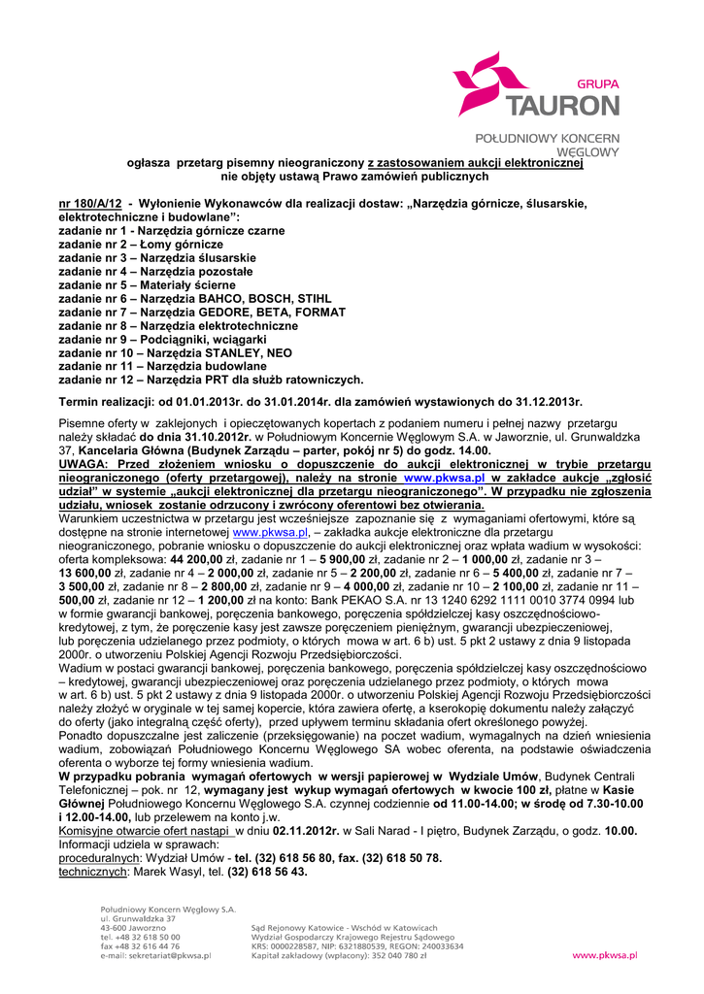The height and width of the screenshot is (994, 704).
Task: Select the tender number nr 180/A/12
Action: click(x=90, y=204)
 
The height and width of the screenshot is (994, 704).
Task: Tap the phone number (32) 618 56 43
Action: click(x=267, y=872)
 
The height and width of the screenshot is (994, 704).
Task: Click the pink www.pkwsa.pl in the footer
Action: click(x=604, y=956)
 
